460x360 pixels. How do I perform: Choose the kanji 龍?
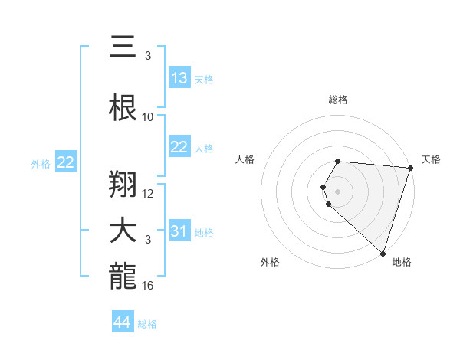click(x=123, y=276)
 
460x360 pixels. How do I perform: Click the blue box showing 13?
click(x=179, y=77)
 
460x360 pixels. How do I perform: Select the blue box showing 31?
click(x=179, y=231)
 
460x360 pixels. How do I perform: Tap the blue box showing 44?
click(x=123, y=322)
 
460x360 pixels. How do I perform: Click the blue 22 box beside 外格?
click(x=66, y=162)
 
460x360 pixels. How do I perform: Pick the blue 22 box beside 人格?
click(x=179, y=147)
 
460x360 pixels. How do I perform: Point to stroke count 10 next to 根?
click(x=148, y=117)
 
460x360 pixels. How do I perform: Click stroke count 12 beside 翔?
click(x=148, y=194)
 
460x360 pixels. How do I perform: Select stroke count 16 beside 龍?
click(x=148, y=286)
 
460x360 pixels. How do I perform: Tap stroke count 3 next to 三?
click(x=148, y=56)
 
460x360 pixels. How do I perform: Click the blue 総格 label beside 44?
click(x=147, y=324)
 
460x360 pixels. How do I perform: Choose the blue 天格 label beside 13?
click(x=204, y=79)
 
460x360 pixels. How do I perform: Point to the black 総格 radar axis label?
click(x=337, y=100)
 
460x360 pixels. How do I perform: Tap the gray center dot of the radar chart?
click(x=337, y=190)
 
